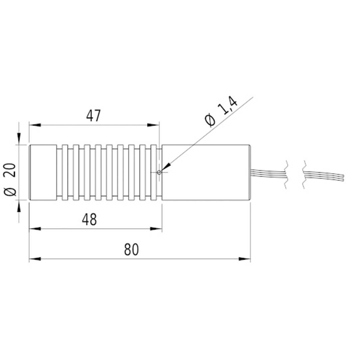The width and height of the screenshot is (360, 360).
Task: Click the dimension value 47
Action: pos(93,116)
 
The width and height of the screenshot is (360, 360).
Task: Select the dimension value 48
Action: pos(89,220)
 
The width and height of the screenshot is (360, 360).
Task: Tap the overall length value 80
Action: pos(131,250)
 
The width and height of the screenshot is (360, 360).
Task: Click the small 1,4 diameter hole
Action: pos(159,172)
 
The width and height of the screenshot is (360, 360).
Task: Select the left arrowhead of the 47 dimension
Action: pos(35,125)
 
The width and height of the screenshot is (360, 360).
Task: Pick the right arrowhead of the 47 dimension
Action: pos(153,125)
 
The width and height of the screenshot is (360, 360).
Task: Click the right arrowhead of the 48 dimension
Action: pos(156,229)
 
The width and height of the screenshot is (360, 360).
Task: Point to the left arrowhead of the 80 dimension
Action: pos(35,259)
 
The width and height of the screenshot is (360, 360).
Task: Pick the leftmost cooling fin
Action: pos(65,173)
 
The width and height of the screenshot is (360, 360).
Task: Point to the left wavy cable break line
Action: pos(286,175)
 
